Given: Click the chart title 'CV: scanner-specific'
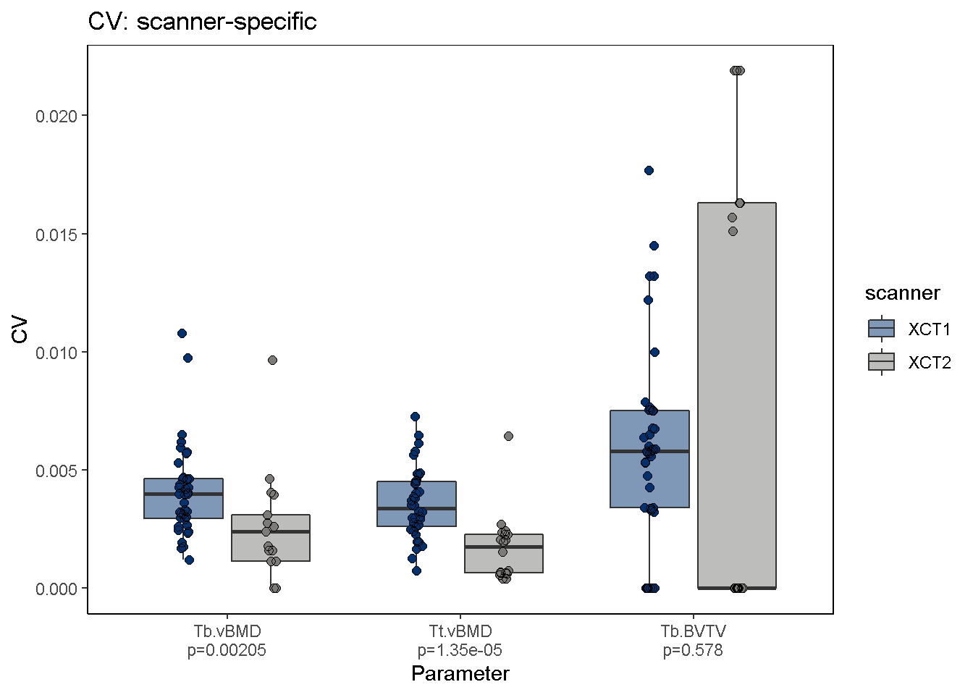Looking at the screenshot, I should pos(202,22).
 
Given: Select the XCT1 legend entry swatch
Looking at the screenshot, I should pos(881,329).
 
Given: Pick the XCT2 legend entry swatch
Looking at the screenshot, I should pos(881,361).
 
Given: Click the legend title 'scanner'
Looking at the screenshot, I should pos(902,293).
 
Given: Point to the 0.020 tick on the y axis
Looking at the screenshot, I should pos(57,116).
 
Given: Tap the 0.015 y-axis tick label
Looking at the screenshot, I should pos(57,234).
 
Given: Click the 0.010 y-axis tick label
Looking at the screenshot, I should pos(57,353).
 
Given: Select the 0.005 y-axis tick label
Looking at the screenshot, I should pos(57,471).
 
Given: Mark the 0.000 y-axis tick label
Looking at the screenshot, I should pos(57,589).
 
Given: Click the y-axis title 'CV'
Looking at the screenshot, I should pos(20,329).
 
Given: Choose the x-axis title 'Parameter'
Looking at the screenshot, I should pos(460,674).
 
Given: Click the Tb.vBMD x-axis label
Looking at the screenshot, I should pos(227,632).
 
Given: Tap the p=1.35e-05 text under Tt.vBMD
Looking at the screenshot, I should pos(460,650).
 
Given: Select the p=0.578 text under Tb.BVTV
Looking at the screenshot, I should pos(693,650).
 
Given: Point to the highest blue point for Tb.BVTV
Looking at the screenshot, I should pos(649,170).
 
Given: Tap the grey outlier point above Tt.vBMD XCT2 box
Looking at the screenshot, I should pos(508,436).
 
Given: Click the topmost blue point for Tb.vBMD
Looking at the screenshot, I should pos(182,333).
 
